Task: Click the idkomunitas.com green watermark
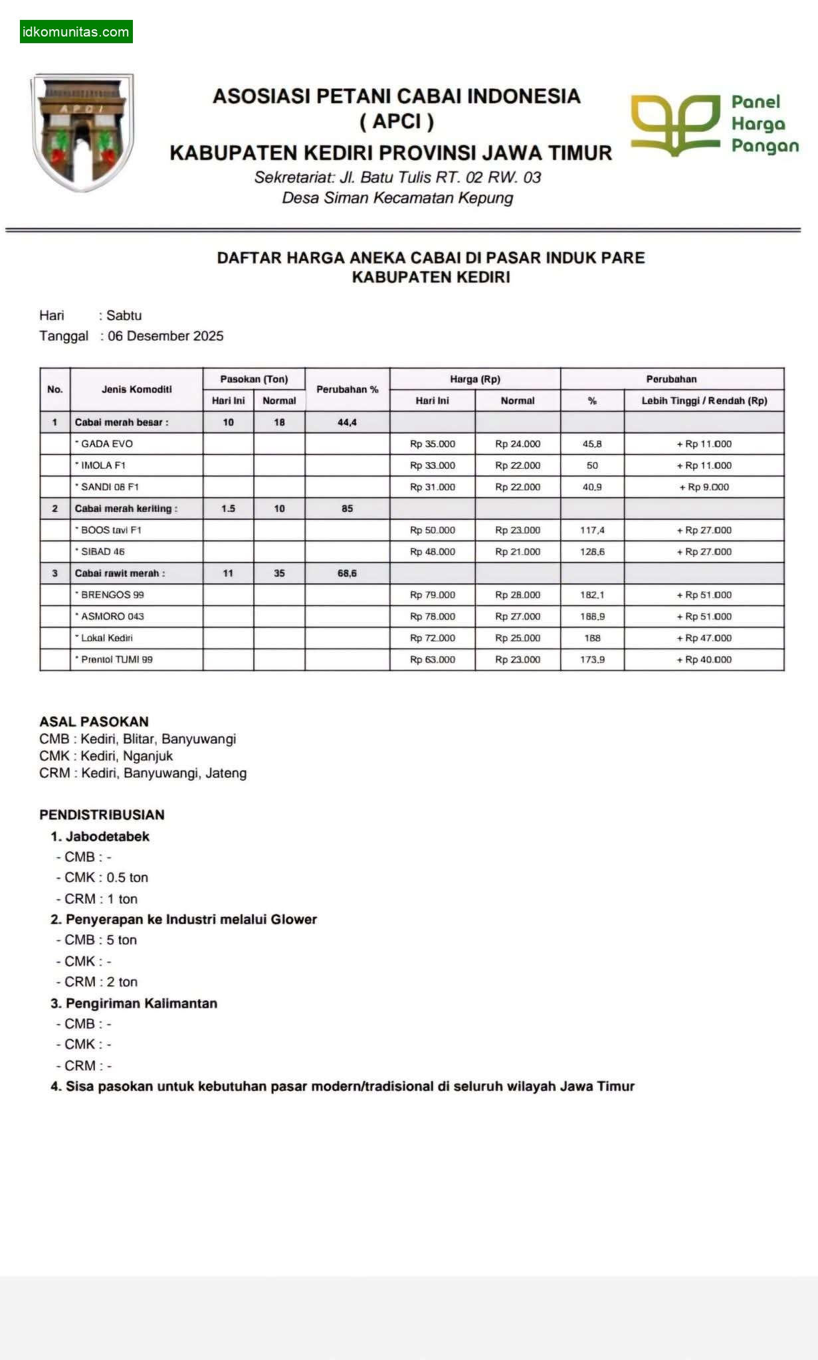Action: click(76, 32)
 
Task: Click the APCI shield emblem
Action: click(82, 132)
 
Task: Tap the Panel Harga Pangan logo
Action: click(714, 125)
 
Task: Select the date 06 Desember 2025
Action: click(165, 336)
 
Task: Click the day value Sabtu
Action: click(124, 315)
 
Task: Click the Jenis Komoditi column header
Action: click(136, 389)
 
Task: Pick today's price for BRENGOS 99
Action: click(433, 595)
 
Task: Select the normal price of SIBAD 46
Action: click(518, 552)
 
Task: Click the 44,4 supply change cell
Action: click(347, 422)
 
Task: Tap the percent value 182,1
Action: click(592, 595)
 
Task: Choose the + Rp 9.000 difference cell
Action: click(704, 487)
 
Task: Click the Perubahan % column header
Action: click(347, 389)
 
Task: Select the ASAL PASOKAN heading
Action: click(94, 721)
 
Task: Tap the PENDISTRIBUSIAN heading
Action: click(102, 815)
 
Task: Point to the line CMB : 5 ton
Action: click(100, 940)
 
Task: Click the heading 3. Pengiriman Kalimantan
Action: click(134, 1003)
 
